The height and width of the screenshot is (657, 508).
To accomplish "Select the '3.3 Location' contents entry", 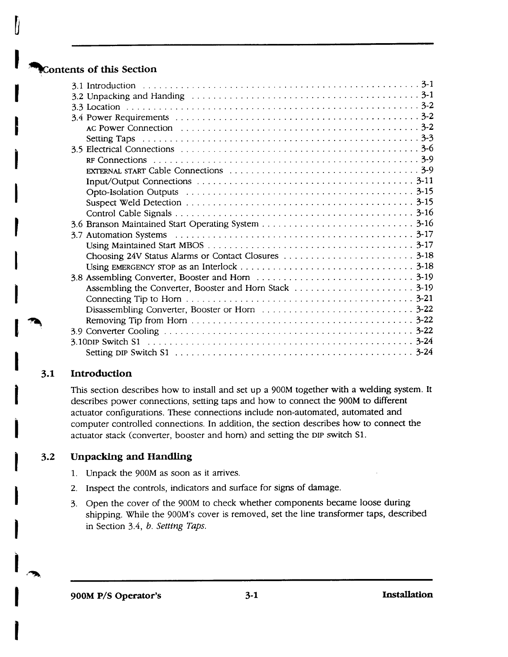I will pyautogui.click(x=96, y=107).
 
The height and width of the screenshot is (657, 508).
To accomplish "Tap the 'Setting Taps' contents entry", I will pyautogui.click(x=110, y=139).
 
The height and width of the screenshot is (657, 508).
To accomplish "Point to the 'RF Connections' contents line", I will pyautogui.click(x=116, y=160).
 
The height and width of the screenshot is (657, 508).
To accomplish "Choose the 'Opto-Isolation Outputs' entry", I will pyautogui.click(x=132, y=192).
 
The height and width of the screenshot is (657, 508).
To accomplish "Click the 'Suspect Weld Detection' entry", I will pyautogui.click(x=134, y=203).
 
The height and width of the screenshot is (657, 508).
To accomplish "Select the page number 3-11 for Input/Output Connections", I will pyautogui.click(x=425, y=181).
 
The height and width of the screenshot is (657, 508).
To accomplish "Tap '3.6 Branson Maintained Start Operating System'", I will pyautogui.click(x=165, y=224).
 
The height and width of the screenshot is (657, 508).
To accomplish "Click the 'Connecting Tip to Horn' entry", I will pyautogui.click(x=134, y=299).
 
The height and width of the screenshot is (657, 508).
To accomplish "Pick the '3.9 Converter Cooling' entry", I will pyautogui.click(x=115, y=331).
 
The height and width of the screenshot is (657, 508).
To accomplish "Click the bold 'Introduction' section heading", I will pyautogui.click(x=102, y=374).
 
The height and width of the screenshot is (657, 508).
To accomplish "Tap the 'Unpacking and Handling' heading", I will pyautogui.click(x=132, y=457).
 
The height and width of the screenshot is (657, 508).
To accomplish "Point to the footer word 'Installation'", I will pyautogui.click(x=407, y=595).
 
